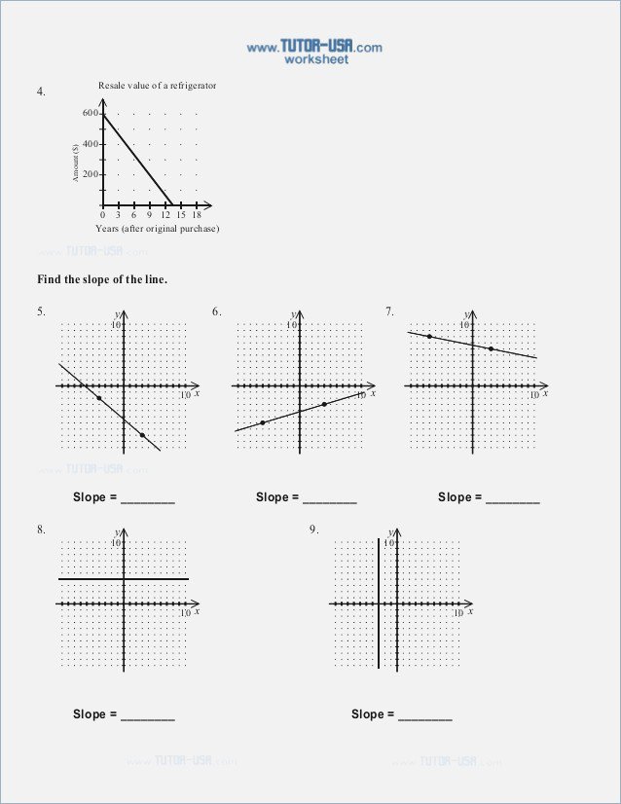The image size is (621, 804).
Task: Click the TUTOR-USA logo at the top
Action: point(313,46)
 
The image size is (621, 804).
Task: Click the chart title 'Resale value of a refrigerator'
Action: point(157,86)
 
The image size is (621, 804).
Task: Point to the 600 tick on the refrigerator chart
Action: point(90,114)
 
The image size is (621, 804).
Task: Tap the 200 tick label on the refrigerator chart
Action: point(90,174)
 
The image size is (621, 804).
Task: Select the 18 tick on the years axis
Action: point(197,215)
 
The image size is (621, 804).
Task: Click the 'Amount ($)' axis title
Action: point(75,162)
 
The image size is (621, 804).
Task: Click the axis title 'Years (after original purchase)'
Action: point(157,228)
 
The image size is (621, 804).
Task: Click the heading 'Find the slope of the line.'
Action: point(102,279)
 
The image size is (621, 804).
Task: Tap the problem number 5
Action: point(42,312)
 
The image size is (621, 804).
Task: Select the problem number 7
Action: point(389,312)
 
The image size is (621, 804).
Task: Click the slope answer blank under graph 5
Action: point(148,499)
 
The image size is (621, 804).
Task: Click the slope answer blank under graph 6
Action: point(330,499)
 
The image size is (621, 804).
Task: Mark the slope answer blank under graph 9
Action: point(425,716)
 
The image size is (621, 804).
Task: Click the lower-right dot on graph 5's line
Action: point(142,435)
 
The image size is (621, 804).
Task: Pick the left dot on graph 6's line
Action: point(262,422)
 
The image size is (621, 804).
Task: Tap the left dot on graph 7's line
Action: point(429,337)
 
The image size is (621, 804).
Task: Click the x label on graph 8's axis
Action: point(197,612)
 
